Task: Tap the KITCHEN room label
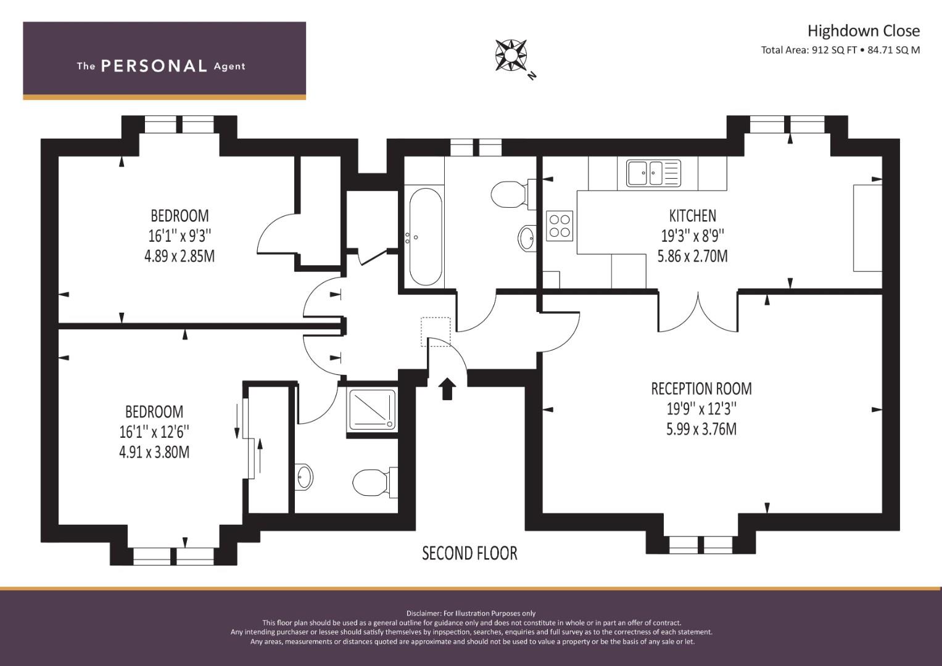692,216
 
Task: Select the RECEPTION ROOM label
701,388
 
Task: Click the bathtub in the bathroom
425,237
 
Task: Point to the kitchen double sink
653,173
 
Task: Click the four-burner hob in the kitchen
560,226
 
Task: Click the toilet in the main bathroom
510,194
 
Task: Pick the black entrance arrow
447,389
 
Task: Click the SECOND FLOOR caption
469,553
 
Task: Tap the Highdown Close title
863,31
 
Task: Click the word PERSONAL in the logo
154,66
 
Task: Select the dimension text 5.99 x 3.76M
701,429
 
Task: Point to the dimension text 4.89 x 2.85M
180,256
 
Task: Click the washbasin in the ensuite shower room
304,477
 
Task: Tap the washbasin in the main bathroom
527,237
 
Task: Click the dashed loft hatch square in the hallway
436,331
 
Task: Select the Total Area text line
840,51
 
